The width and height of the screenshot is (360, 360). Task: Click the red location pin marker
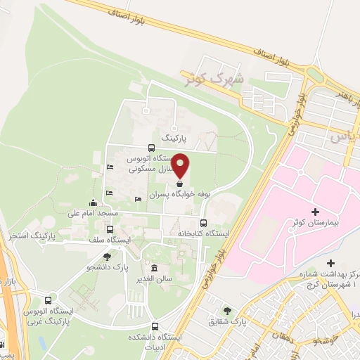coord(181,165)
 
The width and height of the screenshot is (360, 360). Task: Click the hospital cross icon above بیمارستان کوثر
coord(314,212)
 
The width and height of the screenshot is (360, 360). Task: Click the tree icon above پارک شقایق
coord(226,310)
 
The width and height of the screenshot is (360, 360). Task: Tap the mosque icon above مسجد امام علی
coord(94,202)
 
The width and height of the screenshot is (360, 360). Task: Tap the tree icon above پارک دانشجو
coord(107,257)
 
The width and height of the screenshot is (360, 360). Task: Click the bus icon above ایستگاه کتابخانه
coord(203,222)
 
